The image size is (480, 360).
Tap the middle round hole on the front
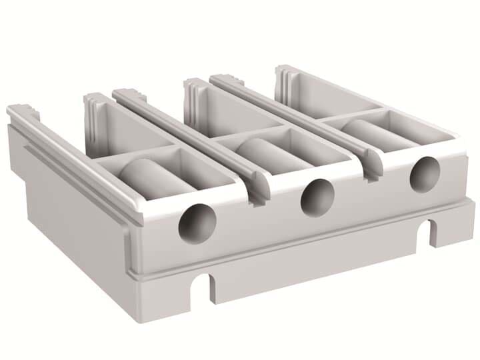coord(317,198)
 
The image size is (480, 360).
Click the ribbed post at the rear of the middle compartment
coord(194,97)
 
